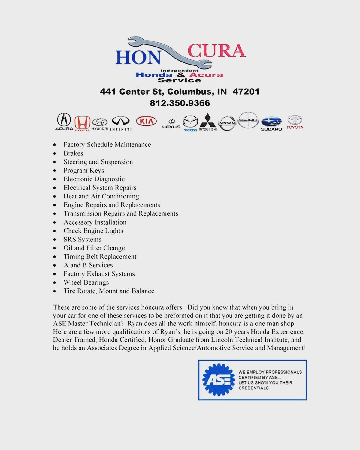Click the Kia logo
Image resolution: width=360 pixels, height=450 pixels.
tap(146, 121)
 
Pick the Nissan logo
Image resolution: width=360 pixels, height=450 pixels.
tap(227, 123)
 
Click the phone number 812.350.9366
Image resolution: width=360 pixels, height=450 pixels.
tap(180, 103)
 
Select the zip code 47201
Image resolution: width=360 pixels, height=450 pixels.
tap(246, 92)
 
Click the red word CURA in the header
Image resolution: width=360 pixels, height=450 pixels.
tap(216, 51)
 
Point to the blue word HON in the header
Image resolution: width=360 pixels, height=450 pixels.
tap(138, 57)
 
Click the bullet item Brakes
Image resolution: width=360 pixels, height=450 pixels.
tap(73, 153)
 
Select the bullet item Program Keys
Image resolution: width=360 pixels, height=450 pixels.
tap(84, 171)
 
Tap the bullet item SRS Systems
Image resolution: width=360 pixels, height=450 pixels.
tap(82, 240)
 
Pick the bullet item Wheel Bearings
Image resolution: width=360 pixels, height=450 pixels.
tap(86, 282)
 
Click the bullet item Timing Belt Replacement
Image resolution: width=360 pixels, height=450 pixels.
tap(100, 257)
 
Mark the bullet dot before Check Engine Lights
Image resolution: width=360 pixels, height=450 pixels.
tap(54, 231)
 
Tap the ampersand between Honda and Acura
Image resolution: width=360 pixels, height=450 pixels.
tap(181, 75)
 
